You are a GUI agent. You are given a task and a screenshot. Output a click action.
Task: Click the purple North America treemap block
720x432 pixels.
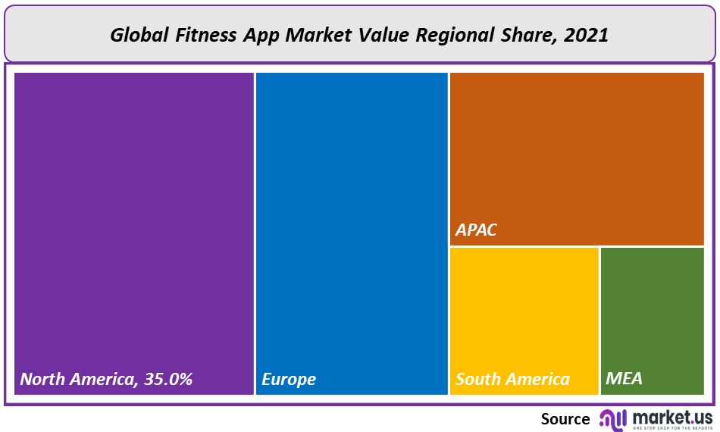coord(133,227)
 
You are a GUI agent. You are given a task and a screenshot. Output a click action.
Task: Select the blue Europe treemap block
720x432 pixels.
coord(352,227)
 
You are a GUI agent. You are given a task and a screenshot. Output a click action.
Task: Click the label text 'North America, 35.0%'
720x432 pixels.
coord(106,379)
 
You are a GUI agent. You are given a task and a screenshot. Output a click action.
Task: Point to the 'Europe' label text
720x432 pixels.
coord(289,379)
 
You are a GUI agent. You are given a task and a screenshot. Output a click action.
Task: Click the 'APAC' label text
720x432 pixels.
coord(476,230)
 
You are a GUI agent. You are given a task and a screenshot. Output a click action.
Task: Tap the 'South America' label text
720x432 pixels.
coord(512,379)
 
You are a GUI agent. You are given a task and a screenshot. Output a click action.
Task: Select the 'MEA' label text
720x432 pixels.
coord(625,378)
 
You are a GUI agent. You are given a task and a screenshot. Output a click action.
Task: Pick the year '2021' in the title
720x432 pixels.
coord(587,36)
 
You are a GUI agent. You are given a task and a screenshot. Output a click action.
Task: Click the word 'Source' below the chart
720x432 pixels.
coord(565,418)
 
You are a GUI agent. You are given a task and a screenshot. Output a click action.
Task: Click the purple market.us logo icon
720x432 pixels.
coord(612,420)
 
